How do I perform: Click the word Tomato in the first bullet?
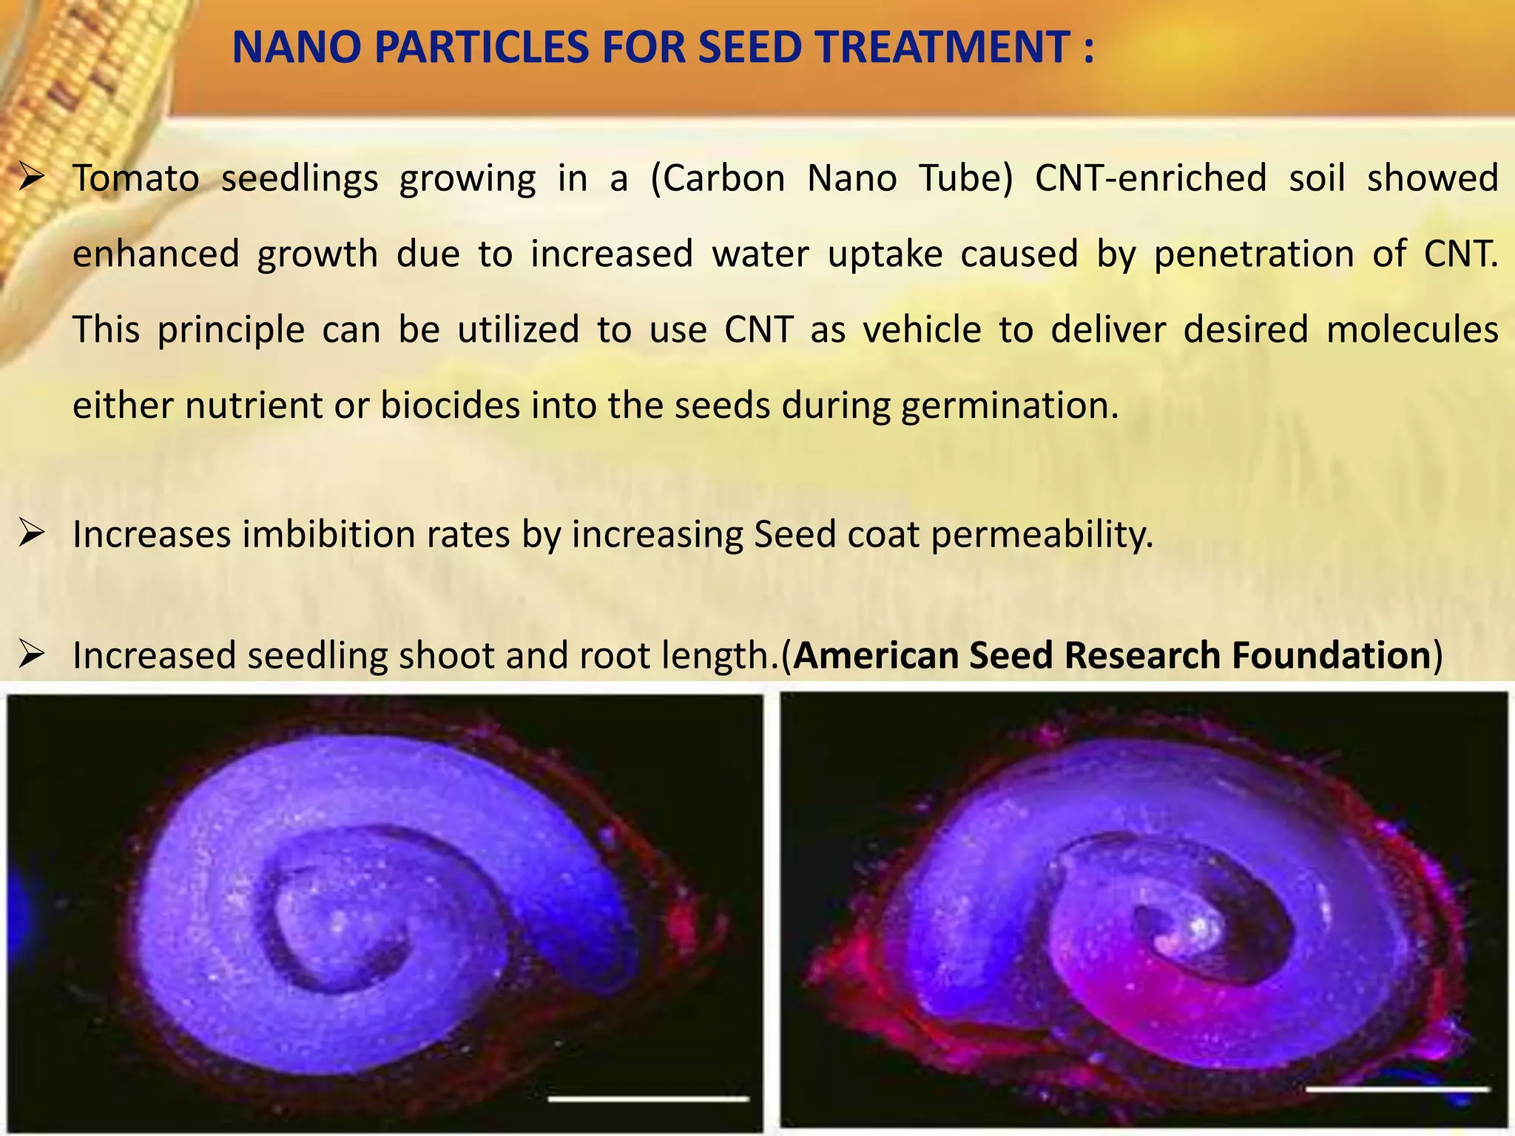[136, 179]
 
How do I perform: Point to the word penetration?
[1254, 254]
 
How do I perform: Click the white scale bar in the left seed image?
[648, 1099]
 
